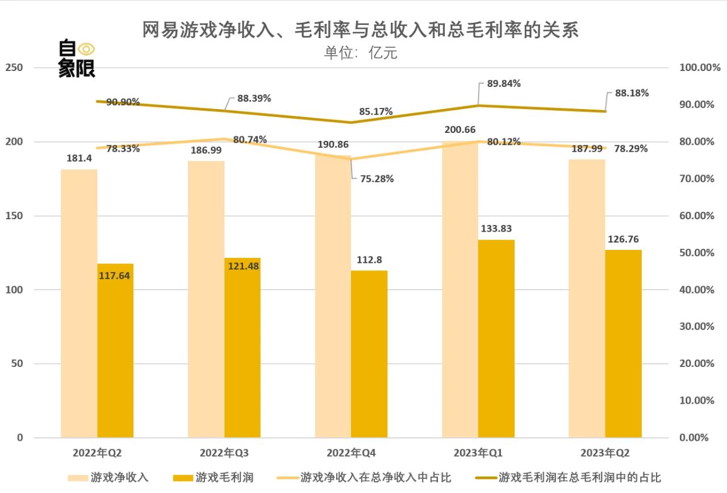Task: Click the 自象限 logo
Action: coord(77,59)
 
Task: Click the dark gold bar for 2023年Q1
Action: coord(496,339)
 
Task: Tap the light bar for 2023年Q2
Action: coord(587,298)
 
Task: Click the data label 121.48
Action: coord(243,266)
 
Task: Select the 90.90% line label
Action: coord(123,102)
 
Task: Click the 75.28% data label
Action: coord(377,179)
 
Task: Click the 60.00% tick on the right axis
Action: coord(696,216)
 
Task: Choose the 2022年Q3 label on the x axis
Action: coord(224,453)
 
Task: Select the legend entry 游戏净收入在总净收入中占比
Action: coord(375,478)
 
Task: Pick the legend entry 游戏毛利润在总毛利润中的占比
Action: coord(579,478)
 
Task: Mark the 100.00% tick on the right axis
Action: coord(699,68)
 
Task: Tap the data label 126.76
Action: coord(624,240)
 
